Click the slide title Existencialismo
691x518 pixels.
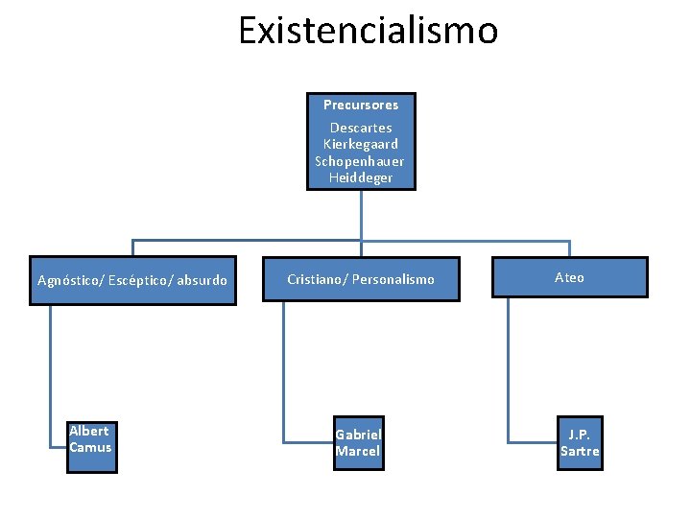point(369,31)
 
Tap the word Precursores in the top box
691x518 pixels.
point(361,105)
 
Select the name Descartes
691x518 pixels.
point(361,128)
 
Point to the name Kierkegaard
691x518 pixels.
point(361,144)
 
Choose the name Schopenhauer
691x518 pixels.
point(360,161)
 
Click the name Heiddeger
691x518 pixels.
point(361,177)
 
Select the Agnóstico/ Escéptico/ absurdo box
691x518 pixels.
point(132,280)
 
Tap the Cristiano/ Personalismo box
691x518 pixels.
point(361,279)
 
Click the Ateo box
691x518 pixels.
point(569,277)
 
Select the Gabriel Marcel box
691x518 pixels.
point(358,443)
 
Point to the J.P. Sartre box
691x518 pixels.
point(580,443)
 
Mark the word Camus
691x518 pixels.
point(90,448)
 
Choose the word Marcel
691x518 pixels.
point(358,452)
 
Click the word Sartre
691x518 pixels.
point(580,452)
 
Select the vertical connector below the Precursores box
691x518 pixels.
point(361,215)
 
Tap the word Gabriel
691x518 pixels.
point(358,435)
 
